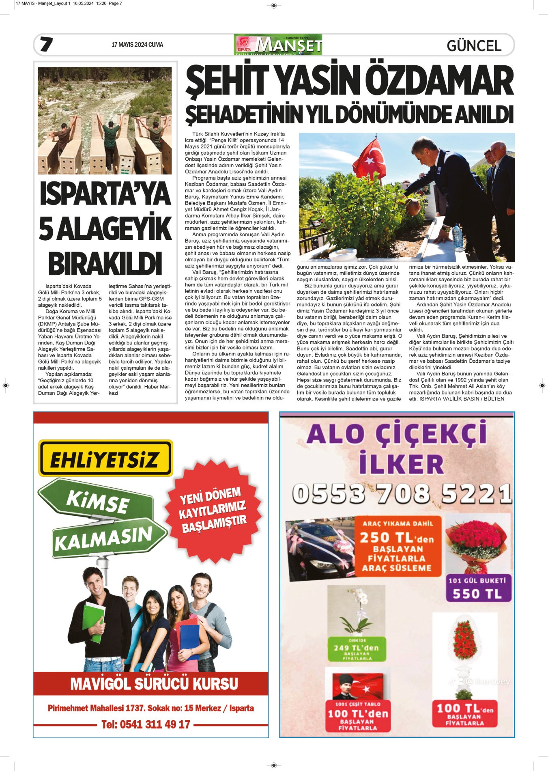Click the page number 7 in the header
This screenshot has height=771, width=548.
click(46, 44)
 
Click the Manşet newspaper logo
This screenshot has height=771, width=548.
click(278, 45)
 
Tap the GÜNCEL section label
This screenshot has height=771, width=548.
click(474, 45)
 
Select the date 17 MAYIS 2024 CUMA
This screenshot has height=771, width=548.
click(137, 45)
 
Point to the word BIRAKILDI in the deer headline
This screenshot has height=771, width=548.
click(105, 264)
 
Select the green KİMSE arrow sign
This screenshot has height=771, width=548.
click(97, 500)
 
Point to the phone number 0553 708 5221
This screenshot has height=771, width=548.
click(402, 494)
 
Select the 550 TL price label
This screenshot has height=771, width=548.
click(477, 594)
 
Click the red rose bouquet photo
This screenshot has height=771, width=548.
click(477, 543)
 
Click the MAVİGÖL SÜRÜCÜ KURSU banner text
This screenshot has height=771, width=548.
click(154, 684)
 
